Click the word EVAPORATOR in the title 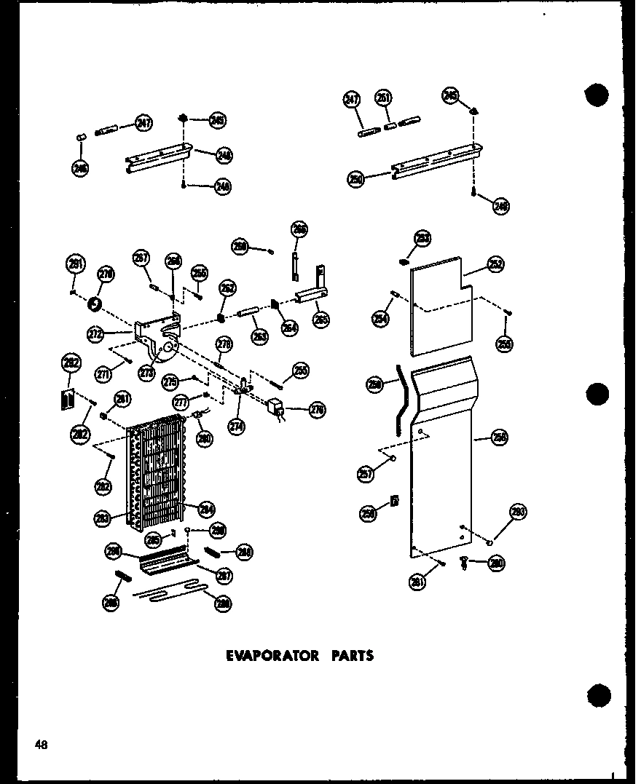[272, 655]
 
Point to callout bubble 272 [94, 334]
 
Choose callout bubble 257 [366, 474]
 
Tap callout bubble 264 [290, 328]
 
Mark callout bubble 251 [383, 98]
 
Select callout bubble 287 [224, 575]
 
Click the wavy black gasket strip [398, 400]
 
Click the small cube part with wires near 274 [275, 408]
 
